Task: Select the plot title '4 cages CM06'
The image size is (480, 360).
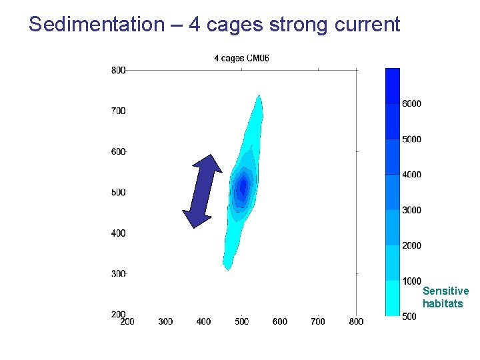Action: pyautogui.click(x=241, y=58)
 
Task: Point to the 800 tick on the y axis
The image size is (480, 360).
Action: pyautogui.click(x=118, y=69)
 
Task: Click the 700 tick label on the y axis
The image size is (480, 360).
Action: pyautogui.click(x=118, y=111)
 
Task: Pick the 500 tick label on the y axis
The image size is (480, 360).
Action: pyautogui.click(x=118, y=193)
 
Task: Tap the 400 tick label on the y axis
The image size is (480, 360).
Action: pyautogui.click(x=118, y=233)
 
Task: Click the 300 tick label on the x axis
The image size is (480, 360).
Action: pyautogui.click(x=165, y=321)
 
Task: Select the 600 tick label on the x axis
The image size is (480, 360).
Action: pyautogui.click(x=280, y=321)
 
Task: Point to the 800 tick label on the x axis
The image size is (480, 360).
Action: pyautogui.click(x=356, y=321)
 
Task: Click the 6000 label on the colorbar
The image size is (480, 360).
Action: pyautogui.click(x=411, y=104)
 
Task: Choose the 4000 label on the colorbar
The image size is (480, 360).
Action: pyautogui.click(x=411, y=175)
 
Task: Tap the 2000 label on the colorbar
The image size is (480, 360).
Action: pyautogui.click(x=411, y=245)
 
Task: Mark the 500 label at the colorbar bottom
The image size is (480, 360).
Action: pyautogui.click(x=409, y=317)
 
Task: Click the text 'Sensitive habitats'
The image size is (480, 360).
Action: pyautogui.click(x=445, y=297)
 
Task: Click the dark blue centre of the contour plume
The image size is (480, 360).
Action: pyautogui.click(x=243, y=185)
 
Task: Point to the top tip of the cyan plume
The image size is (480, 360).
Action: pyautogui.click(x=259, y=97)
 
